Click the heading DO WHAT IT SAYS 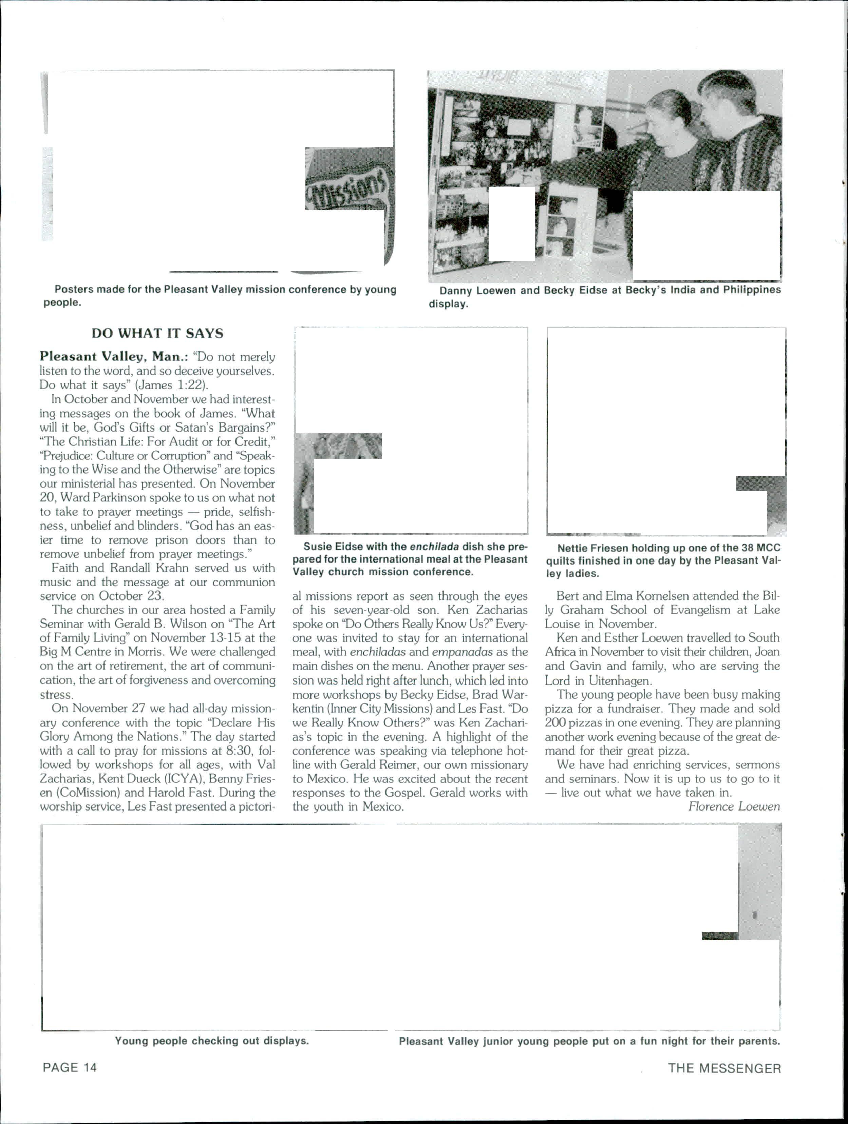click(157, 334)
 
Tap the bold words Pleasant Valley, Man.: click(114, 356)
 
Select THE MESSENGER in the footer click(724, 1068)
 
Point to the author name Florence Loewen click(733, 806)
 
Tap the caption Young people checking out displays click(211, 1040)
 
